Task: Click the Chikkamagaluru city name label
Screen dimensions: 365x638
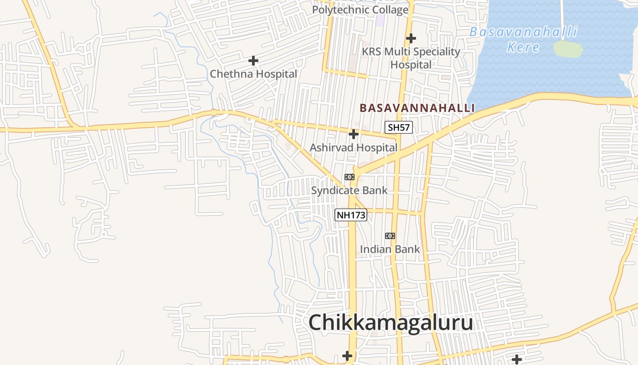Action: [391, 323]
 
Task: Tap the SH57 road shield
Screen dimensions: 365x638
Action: [399, 127]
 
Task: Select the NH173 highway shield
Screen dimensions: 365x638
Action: [351, 215]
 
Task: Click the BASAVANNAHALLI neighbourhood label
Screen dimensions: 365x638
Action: [417, 108]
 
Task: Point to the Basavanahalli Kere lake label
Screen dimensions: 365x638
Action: [524, 39]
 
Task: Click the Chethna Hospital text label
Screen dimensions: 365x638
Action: [253, 74]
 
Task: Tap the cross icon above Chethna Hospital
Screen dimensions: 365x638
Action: [253, 60]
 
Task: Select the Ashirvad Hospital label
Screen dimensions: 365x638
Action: [354, 148]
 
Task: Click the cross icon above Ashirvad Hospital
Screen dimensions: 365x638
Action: [353, 134]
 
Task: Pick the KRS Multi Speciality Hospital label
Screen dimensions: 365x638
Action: [411, 58]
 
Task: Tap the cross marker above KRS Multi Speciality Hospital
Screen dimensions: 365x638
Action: [411, 38]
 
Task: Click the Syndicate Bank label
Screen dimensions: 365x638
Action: [349, 190]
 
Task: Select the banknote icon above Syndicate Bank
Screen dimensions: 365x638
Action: [350, 177]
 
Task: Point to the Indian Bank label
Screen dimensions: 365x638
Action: [390, 249]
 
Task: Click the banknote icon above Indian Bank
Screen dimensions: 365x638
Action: [390, 236]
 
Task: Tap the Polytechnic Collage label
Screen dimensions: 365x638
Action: [360, 10]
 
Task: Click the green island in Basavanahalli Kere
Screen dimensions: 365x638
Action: [568, 49]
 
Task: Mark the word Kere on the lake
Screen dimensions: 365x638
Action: [523, 47]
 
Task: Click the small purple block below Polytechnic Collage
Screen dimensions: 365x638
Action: [380, 21]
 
